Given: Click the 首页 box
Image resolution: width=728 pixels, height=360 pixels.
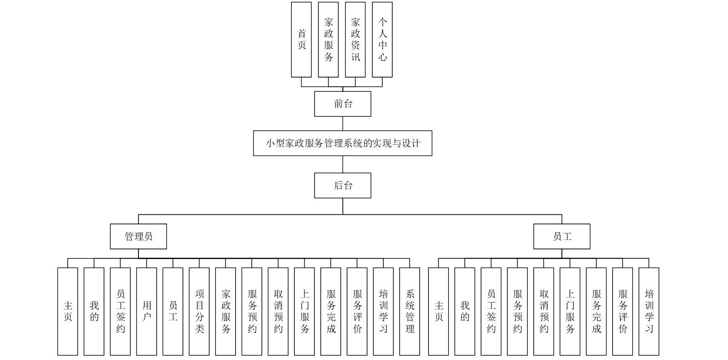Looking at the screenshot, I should pos(301,40).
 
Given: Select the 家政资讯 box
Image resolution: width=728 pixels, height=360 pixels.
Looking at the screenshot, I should pos(355,40).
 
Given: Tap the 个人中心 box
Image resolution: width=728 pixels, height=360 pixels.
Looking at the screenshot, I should pos(382,40).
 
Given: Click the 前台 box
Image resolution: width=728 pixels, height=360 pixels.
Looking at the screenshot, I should pos(342,104).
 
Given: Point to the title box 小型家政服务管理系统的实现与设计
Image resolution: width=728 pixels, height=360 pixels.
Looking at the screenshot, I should pos(342,143).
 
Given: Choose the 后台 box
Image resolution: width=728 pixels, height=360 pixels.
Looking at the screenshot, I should pos(342,185).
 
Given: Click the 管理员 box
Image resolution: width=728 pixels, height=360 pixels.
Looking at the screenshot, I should pos(138,236).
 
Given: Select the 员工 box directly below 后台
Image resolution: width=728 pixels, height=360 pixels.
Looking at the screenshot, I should pos(562,236).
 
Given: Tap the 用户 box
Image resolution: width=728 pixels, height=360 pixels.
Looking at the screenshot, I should pos(147,311).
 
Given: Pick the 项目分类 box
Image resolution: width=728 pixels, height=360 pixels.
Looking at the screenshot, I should pos(199,311).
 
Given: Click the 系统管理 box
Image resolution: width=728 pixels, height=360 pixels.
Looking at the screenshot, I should pos(410,311).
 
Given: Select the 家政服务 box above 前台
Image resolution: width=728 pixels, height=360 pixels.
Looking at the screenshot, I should pos(328,40).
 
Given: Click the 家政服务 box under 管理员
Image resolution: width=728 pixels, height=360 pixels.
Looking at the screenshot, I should pos(226,311).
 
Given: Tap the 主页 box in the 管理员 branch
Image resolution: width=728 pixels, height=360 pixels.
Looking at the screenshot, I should pos(68,311).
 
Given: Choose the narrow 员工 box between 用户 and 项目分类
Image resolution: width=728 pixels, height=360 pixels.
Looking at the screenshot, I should pos(173,311).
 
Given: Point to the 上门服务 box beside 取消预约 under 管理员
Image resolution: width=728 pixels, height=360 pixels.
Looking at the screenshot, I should pos(305,311).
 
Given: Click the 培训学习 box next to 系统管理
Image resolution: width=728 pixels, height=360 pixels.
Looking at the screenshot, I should pos(383,311).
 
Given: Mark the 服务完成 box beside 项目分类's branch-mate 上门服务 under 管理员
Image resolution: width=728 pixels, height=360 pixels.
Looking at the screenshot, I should pos(331,311).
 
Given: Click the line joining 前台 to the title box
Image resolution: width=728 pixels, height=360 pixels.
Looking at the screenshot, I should pos(343,124).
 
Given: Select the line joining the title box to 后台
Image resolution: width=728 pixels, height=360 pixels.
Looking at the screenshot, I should pos(343,164).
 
